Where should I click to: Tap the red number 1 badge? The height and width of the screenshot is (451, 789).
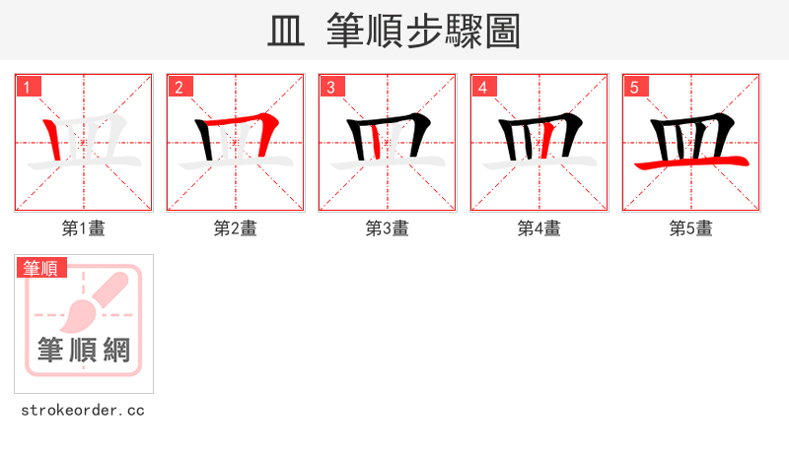click(28, 87)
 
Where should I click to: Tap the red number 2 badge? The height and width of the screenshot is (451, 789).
click(179, 87)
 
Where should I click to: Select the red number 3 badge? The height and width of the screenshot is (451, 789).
click(331, 87)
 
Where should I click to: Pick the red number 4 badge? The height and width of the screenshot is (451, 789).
click(483, 87)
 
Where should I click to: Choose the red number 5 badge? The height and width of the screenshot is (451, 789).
click(635, 87)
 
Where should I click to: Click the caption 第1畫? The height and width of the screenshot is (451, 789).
click(84, 228)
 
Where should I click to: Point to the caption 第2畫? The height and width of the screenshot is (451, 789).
click(236, 228)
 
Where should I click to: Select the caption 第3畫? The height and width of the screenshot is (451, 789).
click(388, 228)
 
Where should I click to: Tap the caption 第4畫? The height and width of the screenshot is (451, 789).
click(539, 228)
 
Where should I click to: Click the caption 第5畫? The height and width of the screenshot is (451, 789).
click(691, 228)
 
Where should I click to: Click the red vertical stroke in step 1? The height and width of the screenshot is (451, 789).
click(53, 140)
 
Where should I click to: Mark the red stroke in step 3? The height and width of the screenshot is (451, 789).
click(377, 144)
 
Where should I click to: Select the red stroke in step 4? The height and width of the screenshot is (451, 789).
click(541, 144)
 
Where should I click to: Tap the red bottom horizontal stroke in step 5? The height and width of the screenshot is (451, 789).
click(690, 162)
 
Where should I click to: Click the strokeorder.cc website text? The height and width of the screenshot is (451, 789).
click(83, 410)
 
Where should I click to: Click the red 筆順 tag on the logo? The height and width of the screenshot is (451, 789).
click(41, 268)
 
